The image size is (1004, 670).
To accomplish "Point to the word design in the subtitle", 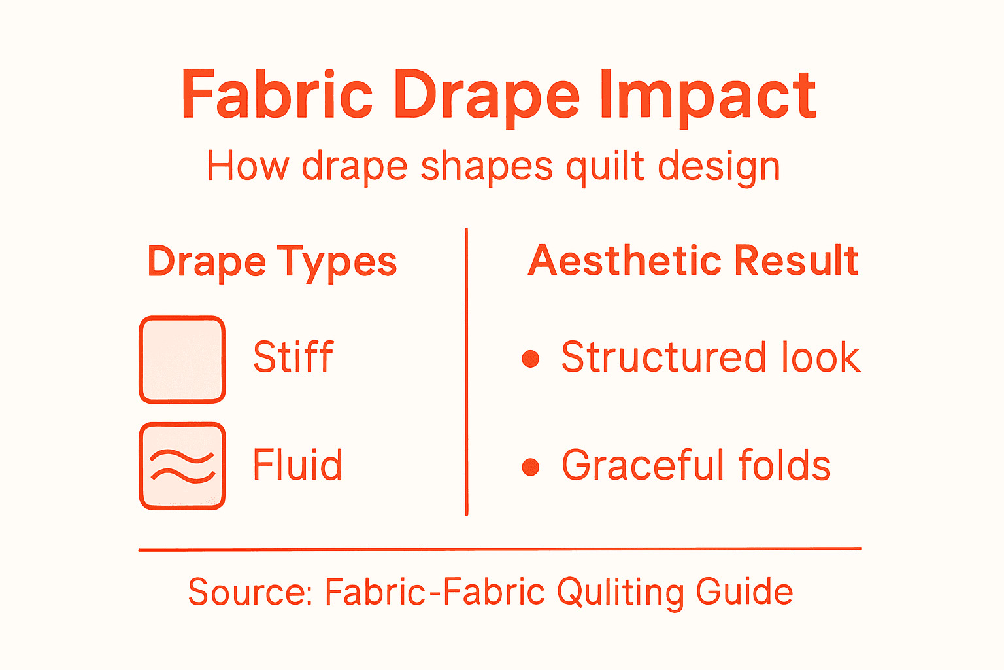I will [x=718, y=167].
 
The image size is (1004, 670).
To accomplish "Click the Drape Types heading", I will [x=272, y=262].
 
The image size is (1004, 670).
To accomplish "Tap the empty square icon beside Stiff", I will [x=182, y=359].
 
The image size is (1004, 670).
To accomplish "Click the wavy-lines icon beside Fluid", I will [x=182, y=466].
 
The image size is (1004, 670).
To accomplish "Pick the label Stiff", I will [x=293, y=357].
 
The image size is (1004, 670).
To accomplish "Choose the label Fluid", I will [x=297, y=465].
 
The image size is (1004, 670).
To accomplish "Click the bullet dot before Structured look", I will [x=531, y=359].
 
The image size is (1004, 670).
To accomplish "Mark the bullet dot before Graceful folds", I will [x=531, y=467].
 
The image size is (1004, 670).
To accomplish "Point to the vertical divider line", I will [x=466, y=373].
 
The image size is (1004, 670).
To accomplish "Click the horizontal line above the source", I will [x=499, y=550].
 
